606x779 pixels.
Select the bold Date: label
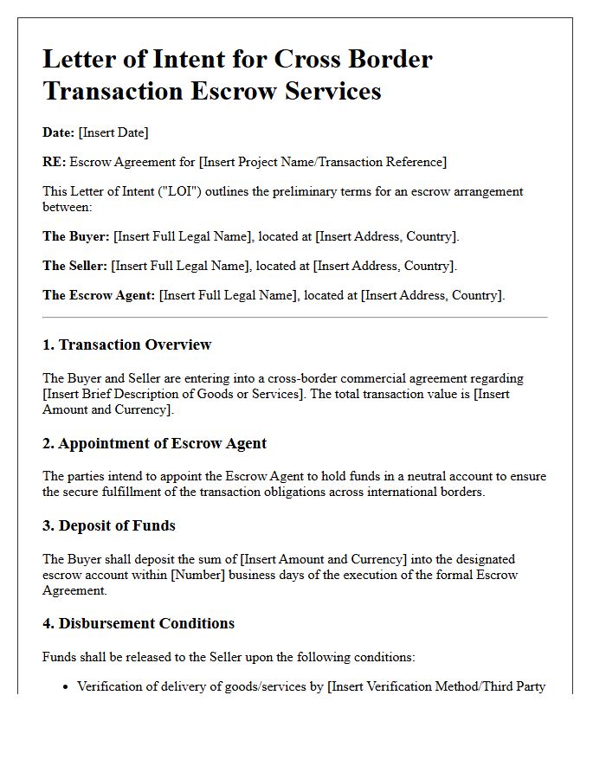pyautogui.click(x=58, y=132)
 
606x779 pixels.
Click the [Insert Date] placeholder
pyautogui.click(x=113, y=132)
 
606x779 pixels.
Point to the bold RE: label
pyautogui.click(x=54, y=162)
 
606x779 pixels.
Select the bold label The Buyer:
pyautogui.click(x=76, y=236)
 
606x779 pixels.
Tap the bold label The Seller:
pyautogui.click(x=75, y=266)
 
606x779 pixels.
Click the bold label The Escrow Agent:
pyautogui.click(x=99, y=295)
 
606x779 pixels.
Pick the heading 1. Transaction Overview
pyautogui.click(x=126, y=344)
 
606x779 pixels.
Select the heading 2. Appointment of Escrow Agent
pyautogui.click(x=154, y=443)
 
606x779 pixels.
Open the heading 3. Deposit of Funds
pyautogui.click(x=109, y=525)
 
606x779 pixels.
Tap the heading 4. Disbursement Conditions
pyautogui.click(x=139, y=623)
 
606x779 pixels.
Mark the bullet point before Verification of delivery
pyautogui.click(x=66, y=687)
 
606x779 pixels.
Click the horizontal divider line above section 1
pyautogui.click(x=294, y=318)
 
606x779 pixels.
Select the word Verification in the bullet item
pyautogui.click(x=111, y=687)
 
